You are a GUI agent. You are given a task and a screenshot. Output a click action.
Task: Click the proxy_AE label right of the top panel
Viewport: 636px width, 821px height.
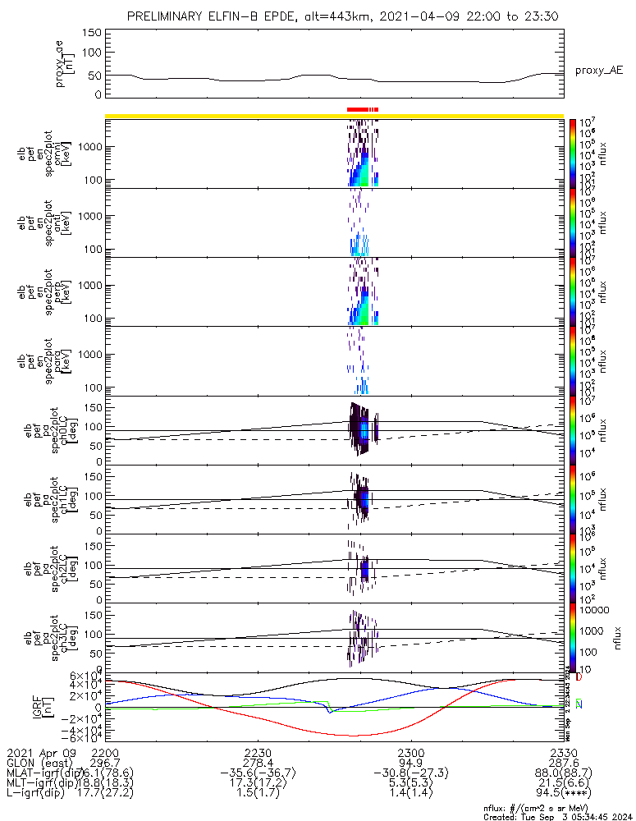[598, 71]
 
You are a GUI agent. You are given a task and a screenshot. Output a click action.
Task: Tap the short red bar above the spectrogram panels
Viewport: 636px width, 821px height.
[362, 109]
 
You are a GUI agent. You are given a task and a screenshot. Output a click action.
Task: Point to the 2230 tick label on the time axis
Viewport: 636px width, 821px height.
[258, 752]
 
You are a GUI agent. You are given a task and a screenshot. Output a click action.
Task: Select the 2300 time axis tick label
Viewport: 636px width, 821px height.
[410, 752]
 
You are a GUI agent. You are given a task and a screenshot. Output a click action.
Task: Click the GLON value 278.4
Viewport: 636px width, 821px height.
[258, 763]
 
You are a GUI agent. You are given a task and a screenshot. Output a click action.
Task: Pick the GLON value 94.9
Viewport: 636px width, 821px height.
[410, 763]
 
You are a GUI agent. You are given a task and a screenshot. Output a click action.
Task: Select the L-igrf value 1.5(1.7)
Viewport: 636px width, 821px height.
[258, 795]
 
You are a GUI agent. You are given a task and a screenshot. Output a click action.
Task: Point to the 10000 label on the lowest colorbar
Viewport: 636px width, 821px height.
[589, 611]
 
